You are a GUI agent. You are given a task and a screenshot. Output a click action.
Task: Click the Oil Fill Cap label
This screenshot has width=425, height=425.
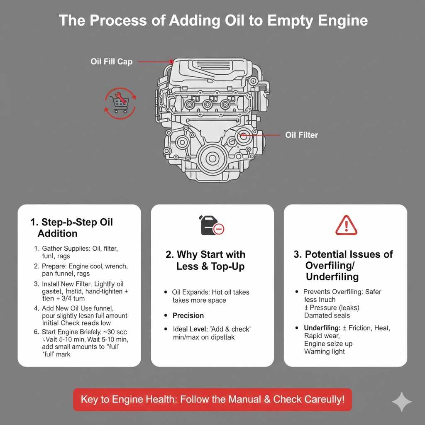coord(111,61)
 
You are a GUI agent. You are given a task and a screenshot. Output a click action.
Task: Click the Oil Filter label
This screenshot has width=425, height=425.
coord(302,135)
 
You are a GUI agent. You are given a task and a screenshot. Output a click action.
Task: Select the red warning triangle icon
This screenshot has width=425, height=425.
coord(346,226)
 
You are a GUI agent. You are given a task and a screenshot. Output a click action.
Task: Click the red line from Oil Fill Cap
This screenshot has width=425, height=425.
coord(154,61)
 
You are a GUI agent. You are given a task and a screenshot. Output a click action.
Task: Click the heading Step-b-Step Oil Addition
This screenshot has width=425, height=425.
coord(71,227)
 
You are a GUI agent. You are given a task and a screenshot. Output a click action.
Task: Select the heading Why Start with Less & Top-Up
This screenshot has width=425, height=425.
coord(210,260)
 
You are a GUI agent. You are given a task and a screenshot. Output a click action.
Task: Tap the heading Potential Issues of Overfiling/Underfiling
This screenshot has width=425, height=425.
coord(343,265)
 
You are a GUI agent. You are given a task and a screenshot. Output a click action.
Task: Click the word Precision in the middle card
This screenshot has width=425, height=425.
coord(188,315)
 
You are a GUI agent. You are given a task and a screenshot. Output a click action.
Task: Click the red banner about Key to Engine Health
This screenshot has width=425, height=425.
coord(212,400)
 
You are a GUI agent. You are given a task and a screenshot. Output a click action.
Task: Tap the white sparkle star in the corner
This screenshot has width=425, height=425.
coord(401,401)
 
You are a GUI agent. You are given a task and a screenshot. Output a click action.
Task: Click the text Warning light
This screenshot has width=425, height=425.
coord(325,352)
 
